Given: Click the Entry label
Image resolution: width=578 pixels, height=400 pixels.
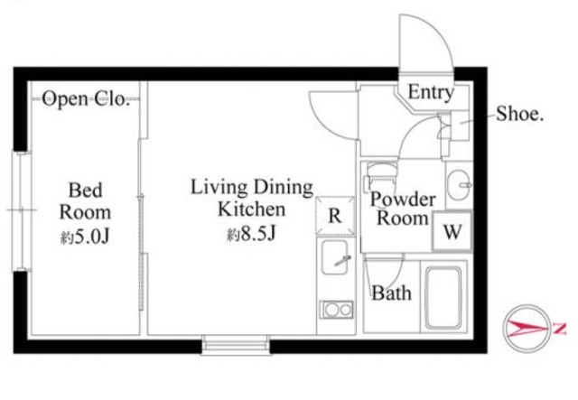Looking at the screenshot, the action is (431, 92).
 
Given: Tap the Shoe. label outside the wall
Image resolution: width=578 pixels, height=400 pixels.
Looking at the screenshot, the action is (520, 114).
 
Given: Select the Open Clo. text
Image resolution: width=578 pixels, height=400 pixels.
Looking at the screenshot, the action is (86, 98).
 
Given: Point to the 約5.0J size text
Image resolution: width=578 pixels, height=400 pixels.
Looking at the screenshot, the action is (85, 237).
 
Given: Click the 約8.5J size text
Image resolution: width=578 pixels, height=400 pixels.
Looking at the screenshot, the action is (251, 234).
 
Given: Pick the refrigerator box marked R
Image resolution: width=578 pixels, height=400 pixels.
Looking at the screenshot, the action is (335, 216).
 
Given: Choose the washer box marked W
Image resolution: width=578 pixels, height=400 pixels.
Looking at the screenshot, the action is (452, 232).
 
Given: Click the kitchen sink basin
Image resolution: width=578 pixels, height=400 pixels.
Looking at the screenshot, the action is (335, 257).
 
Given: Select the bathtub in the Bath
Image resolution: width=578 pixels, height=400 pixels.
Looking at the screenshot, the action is (443, 298).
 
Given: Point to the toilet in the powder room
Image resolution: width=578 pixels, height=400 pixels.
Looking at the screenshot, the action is (381, 177).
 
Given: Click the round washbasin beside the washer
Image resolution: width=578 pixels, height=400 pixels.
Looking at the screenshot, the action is (458, 185).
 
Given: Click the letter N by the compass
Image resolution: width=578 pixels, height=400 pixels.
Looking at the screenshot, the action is (560, 329).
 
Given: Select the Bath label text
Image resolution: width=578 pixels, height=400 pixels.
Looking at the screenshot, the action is (391, 293).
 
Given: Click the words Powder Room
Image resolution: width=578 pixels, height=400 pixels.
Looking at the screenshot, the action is (404, 209).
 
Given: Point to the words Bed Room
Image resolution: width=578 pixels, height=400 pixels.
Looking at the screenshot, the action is (85, 201).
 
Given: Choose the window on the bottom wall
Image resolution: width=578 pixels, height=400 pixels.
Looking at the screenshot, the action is (236, 345).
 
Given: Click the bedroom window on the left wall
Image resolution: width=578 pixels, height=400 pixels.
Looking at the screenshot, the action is (21, 211).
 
